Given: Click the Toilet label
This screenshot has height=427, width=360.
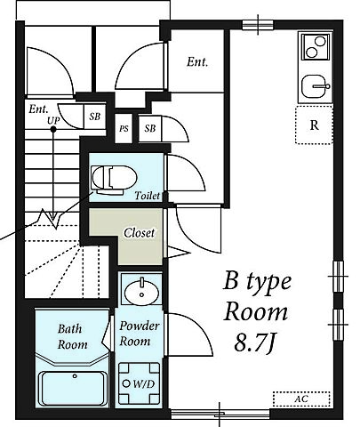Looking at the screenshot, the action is (148, 196).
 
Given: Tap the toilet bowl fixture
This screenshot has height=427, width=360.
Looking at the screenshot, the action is (114, 179).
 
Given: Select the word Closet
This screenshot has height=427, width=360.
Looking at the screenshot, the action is (140, 233).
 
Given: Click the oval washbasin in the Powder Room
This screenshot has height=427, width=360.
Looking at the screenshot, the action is (141, 293).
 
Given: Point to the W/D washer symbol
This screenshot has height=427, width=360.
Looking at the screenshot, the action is (139, 383).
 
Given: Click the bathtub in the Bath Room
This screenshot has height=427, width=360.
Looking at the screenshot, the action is (74, 389).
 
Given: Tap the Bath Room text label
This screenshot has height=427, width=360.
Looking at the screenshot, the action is (73, 336).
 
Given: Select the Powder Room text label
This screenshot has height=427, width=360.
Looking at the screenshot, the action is (140, 334).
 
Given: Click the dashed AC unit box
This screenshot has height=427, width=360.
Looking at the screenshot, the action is (301, 399).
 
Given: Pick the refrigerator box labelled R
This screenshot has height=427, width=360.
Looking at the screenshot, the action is (314, 125).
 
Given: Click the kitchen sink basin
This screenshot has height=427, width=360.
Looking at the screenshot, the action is (315, 86).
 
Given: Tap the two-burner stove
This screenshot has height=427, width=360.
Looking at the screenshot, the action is (316, 47).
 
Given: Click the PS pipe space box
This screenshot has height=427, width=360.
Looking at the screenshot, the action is (124, 129).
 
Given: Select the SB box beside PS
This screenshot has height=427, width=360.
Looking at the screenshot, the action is (150, 129).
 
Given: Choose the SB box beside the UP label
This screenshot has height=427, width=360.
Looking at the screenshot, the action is (95, 117).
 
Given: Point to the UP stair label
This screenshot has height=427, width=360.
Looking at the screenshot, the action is (53, 120).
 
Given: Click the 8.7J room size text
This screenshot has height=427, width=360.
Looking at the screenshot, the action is (254, 342).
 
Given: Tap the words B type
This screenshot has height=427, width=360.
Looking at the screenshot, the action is (257, 283).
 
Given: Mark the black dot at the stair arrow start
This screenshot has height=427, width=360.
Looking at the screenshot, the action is (53, 129).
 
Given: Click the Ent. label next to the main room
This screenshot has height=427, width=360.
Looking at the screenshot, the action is (197, 62).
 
